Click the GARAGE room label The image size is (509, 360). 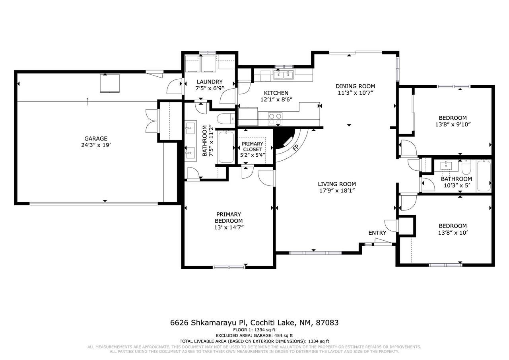click(x=96, y=138)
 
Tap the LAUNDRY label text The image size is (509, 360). click(x=210, y=82)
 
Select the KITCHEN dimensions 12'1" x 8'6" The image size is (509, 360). click(x=276, y=99)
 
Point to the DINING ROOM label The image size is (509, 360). click(x=356, y=86)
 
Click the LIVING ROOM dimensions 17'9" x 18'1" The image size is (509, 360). click(x=337, y=191)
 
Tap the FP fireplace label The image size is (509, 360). click(x=295, y=148)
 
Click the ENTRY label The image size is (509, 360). click(x=377, y=233)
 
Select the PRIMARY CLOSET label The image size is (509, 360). click(x=252, y=147)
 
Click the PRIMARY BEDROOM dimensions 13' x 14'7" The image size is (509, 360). click(x=229, y=227)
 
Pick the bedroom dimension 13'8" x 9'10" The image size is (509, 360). click(x=453, y=125)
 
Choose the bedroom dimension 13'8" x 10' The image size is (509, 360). click(x=453, y=233)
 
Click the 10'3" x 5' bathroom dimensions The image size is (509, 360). click(x=457, y=185)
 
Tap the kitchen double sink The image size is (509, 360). click(x=283, y=74)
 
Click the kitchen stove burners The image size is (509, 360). click(x=275, y=119)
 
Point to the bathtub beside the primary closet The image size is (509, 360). click(x=226, y=147)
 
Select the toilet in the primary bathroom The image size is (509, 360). click(x=225, y=119)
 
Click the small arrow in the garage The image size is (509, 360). click(x=88, y=101)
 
